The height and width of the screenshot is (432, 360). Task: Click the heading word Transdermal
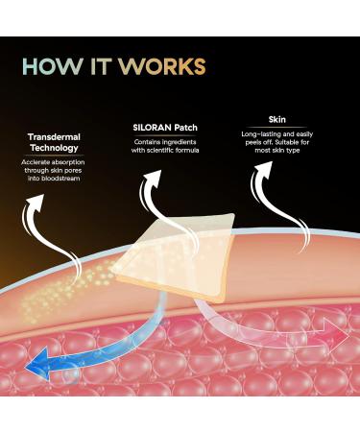click(x=54, y=135)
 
